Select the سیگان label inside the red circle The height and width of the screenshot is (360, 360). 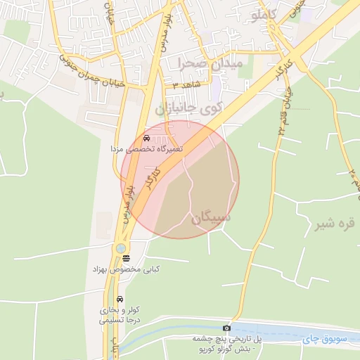210,219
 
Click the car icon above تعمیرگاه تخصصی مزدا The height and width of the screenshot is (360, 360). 146,138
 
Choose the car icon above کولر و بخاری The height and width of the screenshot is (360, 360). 119,300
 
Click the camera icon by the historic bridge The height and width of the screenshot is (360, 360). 226,328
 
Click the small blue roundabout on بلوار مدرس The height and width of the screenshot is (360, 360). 122,247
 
